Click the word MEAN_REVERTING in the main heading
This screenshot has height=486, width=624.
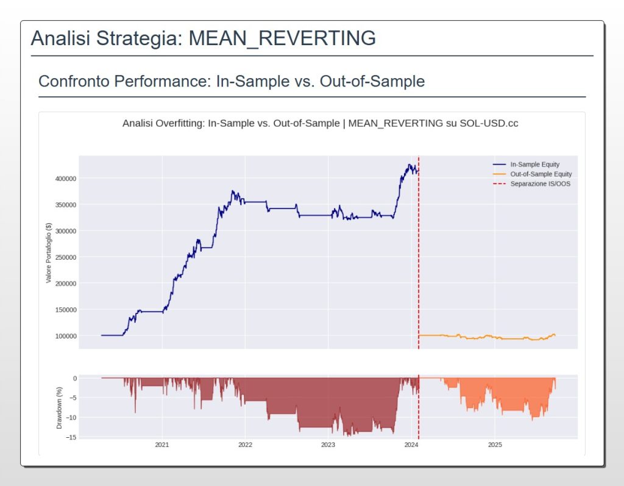click(282, 38)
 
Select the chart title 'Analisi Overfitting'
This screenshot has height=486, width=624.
click(163, 123)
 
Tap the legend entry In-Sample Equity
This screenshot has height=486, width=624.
click(534, 165)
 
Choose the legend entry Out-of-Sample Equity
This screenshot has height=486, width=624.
click(541, 174)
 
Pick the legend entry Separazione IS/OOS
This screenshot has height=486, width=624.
click(540, 184)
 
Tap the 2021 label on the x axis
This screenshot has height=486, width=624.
click(162, 445)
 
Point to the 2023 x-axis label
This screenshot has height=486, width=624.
click(328, 445)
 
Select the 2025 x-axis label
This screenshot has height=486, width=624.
click(494, 445)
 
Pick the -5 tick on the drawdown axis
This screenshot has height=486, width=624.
click(73, 398)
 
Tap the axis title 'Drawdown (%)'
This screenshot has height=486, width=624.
click(59, 407)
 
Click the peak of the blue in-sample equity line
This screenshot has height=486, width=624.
click(409, 164)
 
